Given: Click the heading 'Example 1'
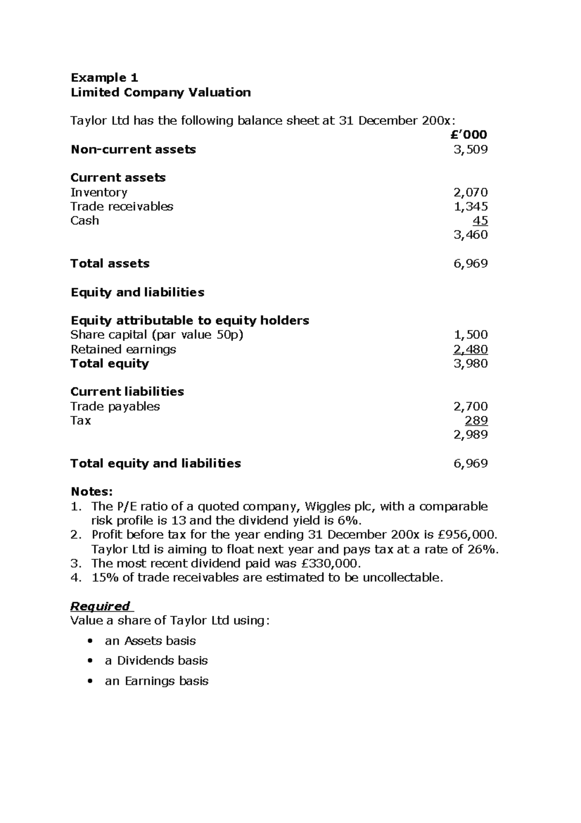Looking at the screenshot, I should pos(104,78).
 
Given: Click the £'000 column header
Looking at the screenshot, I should pos(468,135).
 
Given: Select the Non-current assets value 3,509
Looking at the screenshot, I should pos(470,149).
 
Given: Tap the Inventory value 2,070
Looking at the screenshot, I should pos(470,192).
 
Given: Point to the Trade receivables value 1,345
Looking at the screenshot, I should pos(470,206).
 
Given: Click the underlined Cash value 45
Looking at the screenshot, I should pos(480,221).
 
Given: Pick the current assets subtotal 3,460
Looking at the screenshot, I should pos(470,235).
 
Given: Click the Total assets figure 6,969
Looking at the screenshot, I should pos(470,264).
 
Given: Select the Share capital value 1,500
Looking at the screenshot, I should pos(470,335).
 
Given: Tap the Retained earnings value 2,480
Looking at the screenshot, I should pos(470,349).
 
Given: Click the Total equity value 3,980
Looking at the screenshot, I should pos(470,364).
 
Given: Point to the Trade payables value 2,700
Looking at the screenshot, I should pos(470,406).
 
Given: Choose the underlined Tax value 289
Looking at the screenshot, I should pos(476,420).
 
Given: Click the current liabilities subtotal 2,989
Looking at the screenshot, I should pos(470,434).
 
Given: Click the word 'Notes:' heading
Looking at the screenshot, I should pos(92,492).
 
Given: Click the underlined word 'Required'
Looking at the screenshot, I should pos(100,606).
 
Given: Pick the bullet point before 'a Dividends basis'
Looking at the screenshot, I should pos(89,661).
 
